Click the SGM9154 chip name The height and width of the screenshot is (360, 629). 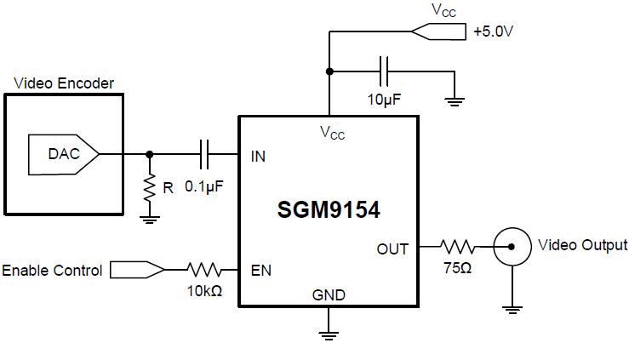329,209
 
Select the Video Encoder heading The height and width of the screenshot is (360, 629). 64,83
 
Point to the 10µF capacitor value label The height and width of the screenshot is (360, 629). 385,100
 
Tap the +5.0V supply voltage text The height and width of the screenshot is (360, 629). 497,32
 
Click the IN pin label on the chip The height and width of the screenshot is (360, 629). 259,156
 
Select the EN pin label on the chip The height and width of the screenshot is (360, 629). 260,271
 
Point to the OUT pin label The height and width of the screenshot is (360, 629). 392,249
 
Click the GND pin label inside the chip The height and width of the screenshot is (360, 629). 329,295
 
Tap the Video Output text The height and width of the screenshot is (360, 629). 583,245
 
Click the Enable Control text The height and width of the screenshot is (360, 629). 52,271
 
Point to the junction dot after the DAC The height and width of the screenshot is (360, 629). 150,154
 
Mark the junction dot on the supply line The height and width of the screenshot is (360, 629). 329,71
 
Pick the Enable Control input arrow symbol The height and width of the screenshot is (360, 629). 136,271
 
